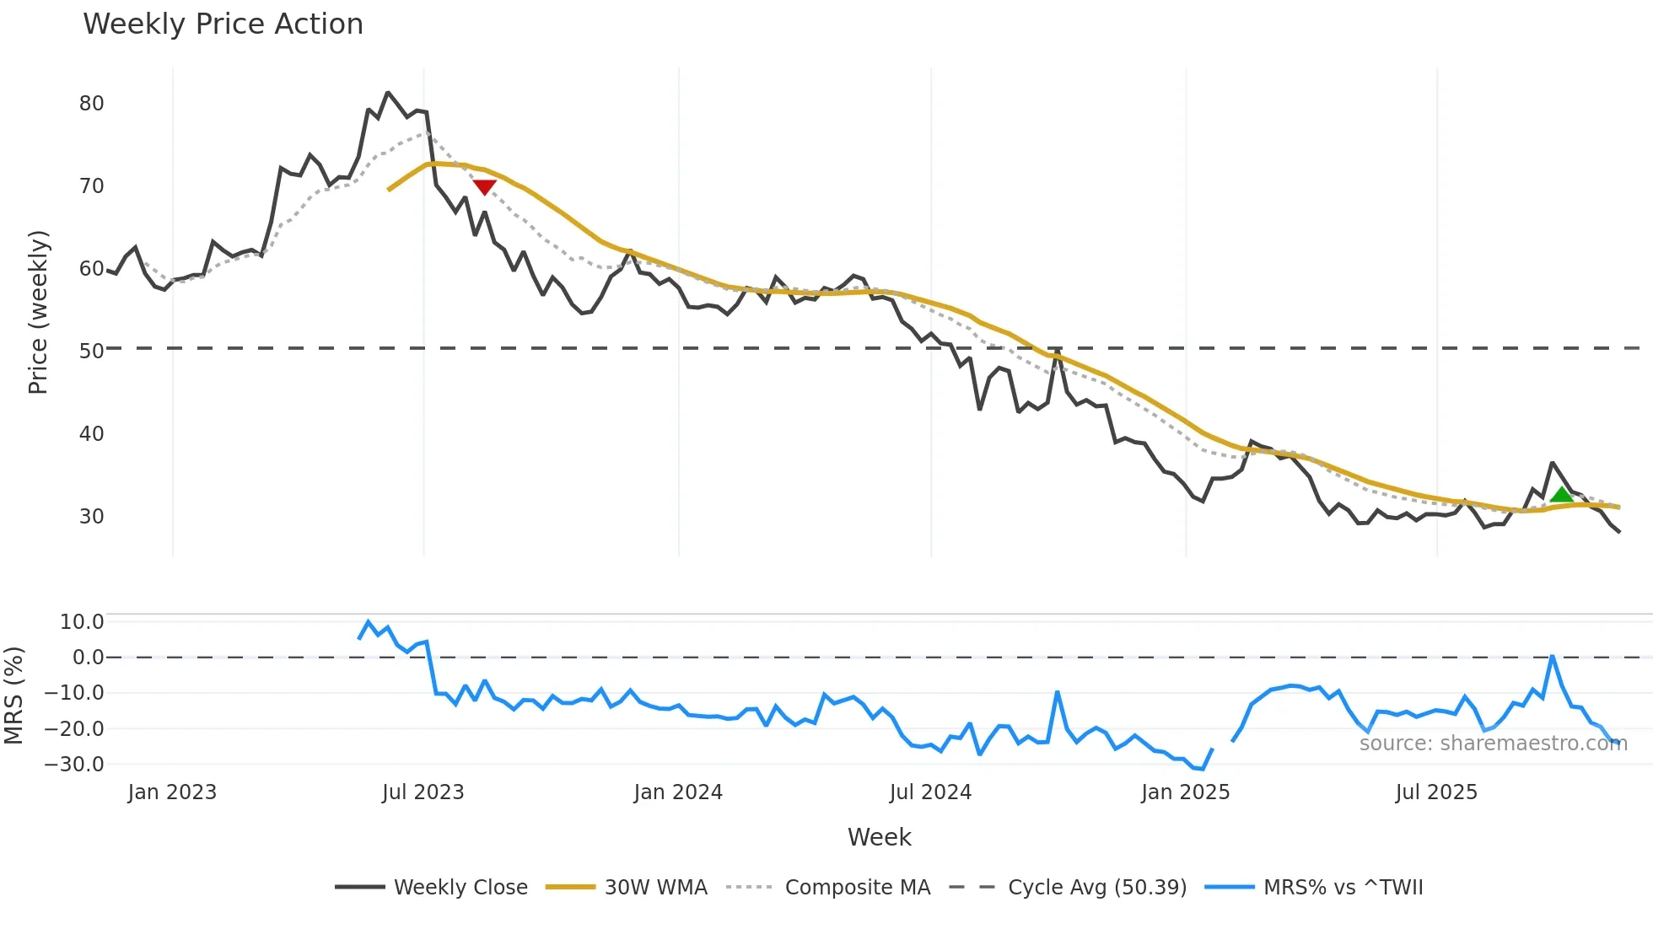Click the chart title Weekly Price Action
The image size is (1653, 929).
[x=223, y=24]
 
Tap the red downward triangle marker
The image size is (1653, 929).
[x=484, y=187]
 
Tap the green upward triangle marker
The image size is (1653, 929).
[x=1561, y=495]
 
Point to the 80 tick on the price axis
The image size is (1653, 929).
[x=91, y=104]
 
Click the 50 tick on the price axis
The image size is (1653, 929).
[x=91, y=351]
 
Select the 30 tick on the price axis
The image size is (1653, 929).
[x=91, y=516]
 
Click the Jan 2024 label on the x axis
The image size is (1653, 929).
[x=678, y=792]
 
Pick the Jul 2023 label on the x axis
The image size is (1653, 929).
[x=423, y=792]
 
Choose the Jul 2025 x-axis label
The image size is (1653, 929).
[x=1436, y=792]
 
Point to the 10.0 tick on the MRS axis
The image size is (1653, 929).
[x=82, y=622]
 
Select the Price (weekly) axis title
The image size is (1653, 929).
[x=38, y=312]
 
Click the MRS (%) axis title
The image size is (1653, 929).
[x=13, y=695]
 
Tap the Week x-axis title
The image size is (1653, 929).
[x=879, y=837]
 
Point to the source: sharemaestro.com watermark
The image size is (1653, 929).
[x=1493, y=744]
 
